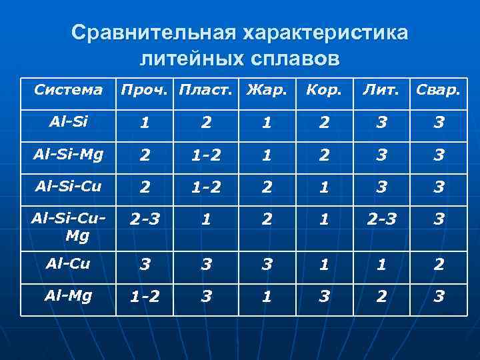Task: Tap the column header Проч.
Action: (145, 89)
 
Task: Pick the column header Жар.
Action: (267, 89)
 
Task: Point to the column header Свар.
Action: (437, 89)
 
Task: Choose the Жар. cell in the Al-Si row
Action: (267, 123)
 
